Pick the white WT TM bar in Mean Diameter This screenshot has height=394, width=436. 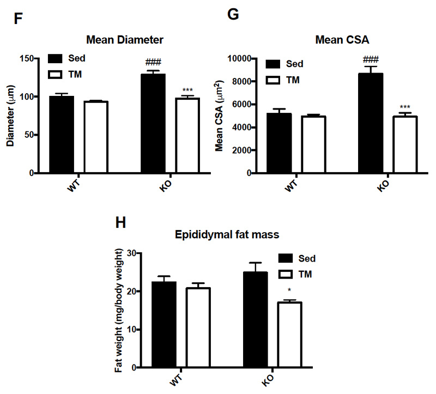(x=95, y=137)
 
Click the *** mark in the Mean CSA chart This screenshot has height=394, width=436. (x=405, y=107)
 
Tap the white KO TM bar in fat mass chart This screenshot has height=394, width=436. (x=289, y=335)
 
